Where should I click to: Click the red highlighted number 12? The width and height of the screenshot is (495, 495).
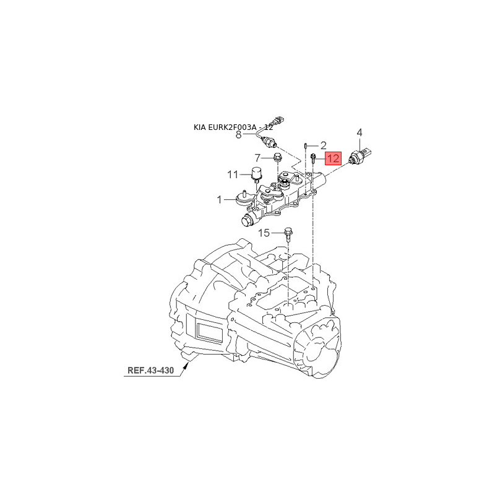[333, 158]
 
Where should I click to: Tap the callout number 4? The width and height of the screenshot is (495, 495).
[359, 132]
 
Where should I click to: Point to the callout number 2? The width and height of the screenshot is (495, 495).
[322, 145]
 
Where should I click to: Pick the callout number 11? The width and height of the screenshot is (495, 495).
[232, 174]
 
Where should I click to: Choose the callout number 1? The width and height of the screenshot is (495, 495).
[219, 200]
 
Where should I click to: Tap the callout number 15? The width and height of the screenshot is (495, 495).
[264, 233]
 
